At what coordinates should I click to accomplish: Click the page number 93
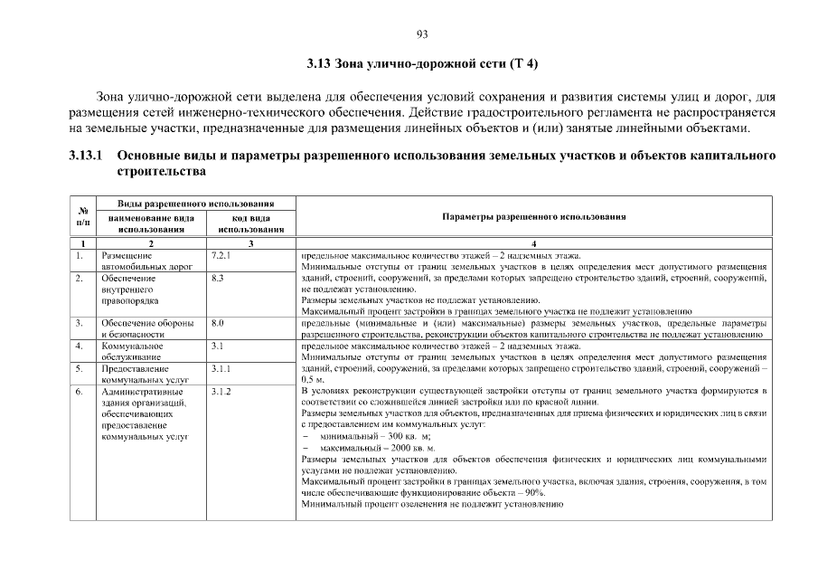[x=421, y=34]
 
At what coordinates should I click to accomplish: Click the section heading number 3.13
[x=319, y=64]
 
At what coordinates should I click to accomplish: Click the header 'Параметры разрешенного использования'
[x=534, y=217]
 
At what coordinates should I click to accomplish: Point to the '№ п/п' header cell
[x=83, y=217]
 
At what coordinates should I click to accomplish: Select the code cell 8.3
[x=217, y=279]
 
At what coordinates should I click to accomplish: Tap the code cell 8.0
[x=217, y=323]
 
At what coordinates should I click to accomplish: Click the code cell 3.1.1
[x=221, y=368]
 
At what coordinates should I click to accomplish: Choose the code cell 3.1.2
[x=221, y=391]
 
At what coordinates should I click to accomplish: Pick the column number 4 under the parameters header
[x=534, y=243]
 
